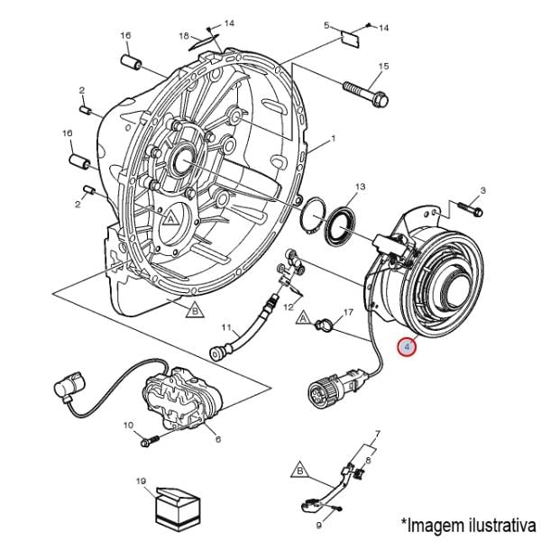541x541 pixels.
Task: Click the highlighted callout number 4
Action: tap(408, 346)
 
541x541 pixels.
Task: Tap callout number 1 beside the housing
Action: tap(333, 139)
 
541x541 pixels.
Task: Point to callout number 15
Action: tap(383, 66)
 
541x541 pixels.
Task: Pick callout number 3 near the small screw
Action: tap(482, 190)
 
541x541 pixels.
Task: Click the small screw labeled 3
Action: tap(467, 206)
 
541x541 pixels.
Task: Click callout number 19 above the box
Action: tap(140, 481)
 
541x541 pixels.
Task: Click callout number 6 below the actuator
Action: tap(217, 439)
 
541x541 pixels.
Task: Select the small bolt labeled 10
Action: tap(149, 442)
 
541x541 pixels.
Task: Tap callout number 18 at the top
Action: tap(183, 36)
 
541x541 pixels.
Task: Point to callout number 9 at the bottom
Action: tap(318, 524)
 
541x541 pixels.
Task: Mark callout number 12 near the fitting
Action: tap(290, 307)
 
